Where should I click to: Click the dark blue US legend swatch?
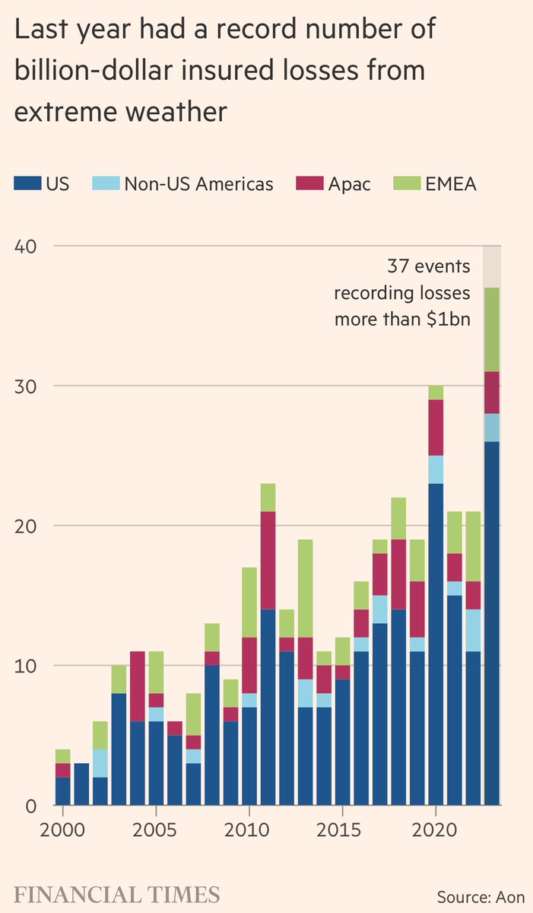[x=27, y=183]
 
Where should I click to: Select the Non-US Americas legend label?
[x=198, y=183]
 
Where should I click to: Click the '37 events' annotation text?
[x=428, y=268]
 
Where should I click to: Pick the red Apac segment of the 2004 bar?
[x=138, y=686]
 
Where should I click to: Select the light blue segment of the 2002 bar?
[x=100, y=763]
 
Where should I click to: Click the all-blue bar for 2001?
[x=81, y=784]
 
